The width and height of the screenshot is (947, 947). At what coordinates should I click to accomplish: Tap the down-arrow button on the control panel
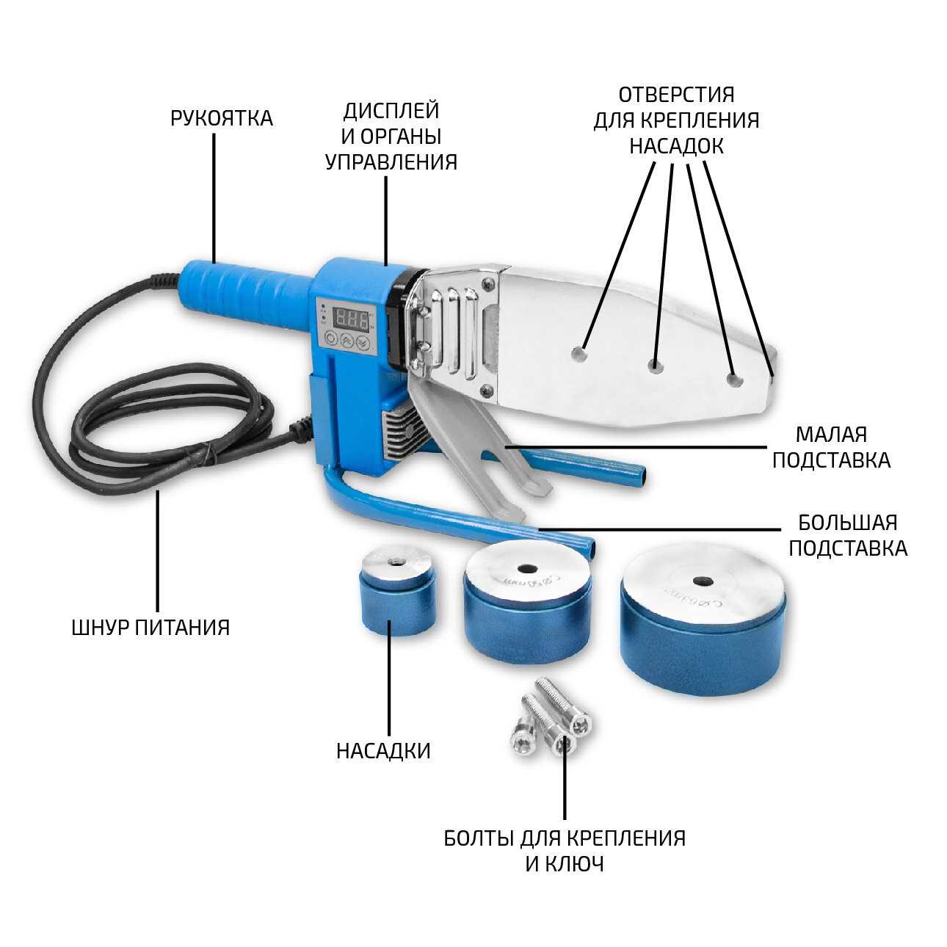(x=362, y=340)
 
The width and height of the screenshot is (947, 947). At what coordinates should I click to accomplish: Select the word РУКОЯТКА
(x=222, y=118)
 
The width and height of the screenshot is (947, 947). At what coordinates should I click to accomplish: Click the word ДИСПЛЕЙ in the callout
(x=391, y=111)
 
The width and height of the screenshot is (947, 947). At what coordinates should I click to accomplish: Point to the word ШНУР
(x=101, y=628)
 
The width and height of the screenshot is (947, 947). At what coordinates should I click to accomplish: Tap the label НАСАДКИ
(x=383, y=750)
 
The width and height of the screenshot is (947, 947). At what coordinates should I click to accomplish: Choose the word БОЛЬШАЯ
(x=848, y=523)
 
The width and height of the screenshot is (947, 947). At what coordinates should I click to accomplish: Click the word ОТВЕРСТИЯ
(x=676, y=95)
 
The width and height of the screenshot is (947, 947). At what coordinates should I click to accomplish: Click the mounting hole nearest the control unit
(x=580, y=354)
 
